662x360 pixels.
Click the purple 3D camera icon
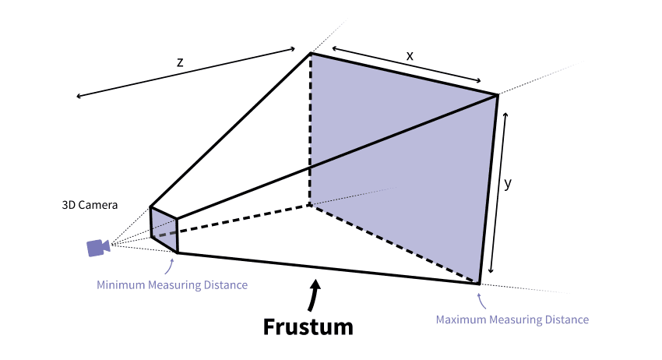[97, 248]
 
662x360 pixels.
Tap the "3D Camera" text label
[90, 206]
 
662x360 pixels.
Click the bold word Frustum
[308, 326]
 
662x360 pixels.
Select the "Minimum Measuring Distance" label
[171, 285]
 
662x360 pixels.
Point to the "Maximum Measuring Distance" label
[512, 319]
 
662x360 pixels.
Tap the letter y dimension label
[509, 185]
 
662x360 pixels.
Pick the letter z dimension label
[180, 62]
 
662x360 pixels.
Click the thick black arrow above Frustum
[314, 296]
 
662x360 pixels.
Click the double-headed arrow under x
[407, 66]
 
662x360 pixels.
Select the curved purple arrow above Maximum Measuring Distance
[482, 298]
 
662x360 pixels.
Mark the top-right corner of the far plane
[497, 95]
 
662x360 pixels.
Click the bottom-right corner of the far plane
[478, 284]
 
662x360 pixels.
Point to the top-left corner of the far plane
[311, 53]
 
